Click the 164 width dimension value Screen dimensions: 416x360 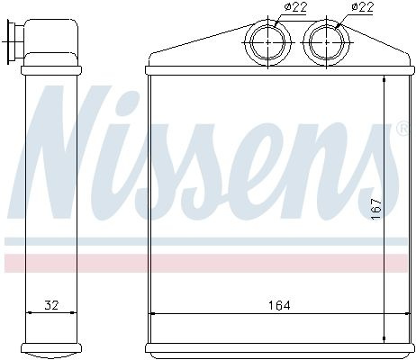click(x=279, y=305)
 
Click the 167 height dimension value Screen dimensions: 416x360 click(x=375, y=209)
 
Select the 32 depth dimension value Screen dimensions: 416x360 click(x=51, y=305)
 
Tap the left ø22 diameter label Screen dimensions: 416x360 click(x=295, y=7)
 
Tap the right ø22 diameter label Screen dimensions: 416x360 click(x=362, y=7)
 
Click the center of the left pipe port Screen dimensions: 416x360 click(x=267, y=42)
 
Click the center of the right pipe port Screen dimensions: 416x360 click(x=326, y=42)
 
